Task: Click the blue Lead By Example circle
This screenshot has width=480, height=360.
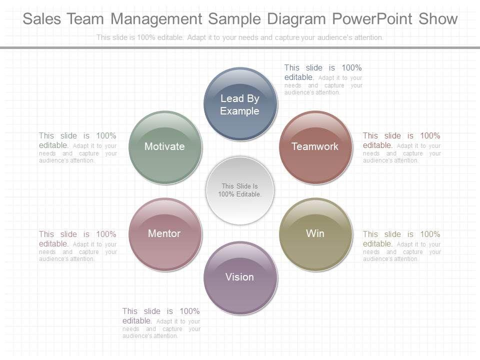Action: coord(240,104)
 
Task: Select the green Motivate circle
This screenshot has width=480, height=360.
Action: coord(165,146)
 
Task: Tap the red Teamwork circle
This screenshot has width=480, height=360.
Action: coord(315,146)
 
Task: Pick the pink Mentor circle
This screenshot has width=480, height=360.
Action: coord(165,233)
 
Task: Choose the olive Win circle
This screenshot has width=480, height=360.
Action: coord(315,233)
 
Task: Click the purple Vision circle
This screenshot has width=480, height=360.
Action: coord(240,277)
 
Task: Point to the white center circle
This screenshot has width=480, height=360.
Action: coord(240,190)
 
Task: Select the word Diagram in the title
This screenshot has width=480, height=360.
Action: coord(295,19)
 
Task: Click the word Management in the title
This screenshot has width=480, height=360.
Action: coord(156,19)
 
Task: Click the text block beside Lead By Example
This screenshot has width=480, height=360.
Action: coord(323,79)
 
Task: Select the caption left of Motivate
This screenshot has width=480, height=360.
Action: coord(77,147)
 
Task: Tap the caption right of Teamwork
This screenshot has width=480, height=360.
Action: coord(401,147)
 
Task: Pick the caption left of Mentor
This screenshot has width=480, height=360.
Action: coord(77,246)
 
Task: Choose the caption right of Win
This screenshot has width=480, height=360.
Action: coord(401,246)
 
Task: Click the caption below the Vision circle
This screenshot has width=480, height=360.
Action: coord(161,322)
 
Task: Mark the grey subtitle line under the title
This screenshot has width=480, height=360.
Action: coord(240,37)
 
